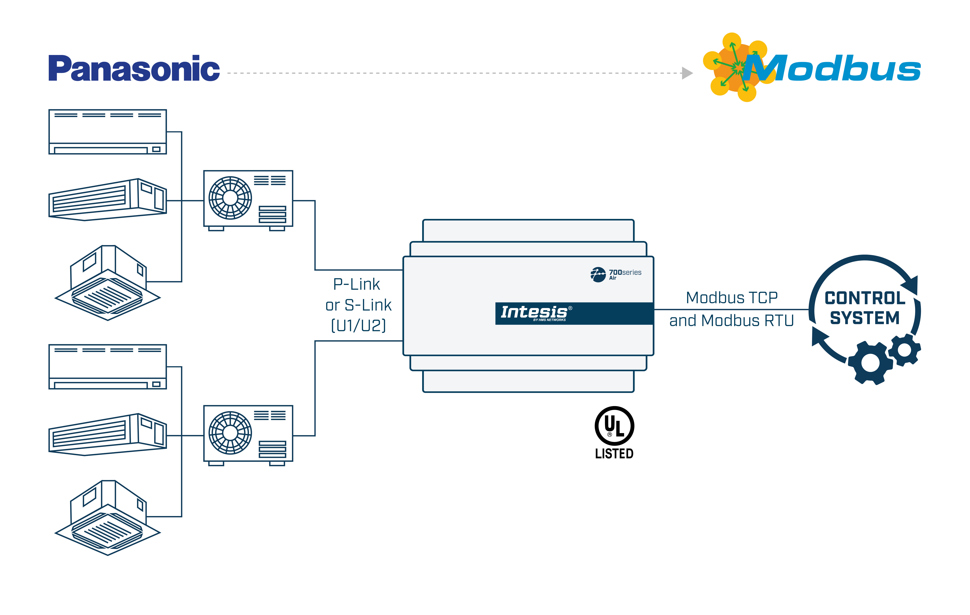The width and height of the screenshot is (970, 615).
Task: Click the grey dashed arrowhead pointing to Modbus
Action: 687,73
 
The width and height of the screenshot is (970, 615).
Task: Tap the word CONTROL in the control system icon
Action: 865,298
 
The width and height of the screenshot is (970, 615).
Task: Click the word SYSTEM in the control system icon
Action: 865,318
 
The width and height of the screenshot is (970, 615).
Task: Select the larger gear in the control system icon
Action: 870,363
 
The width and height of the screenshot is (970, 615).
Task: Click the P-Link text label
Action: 356,284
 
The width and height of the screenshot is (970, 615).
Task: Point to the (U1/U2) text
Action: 358,325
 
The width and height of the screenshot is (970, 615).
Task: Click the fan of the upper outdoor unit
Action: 230,198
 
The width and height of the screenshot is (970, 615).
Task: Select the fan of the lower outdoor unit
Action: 230,433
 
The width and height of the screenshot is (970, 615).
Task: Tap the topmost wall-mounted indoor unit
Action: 108,131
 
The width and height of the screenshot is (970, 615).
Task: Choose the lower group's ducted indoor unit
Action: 108,435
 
